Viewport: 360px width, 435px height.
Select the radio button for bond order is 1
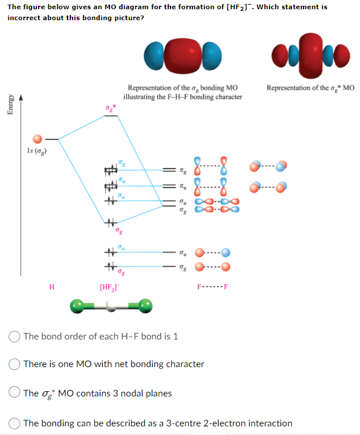(14, 336)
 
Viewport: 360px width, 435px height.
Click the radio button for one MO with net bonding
(14, 364)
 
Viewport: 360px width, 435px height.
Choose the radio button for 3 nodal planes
(14, 394)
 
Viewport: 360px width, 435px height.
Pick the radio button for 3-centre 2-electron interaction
(14, 423)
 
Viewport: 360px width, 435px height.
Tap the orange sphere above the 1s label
(37, 139)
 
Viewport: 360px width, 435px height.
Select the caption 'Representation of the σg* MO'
(310, 87)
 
